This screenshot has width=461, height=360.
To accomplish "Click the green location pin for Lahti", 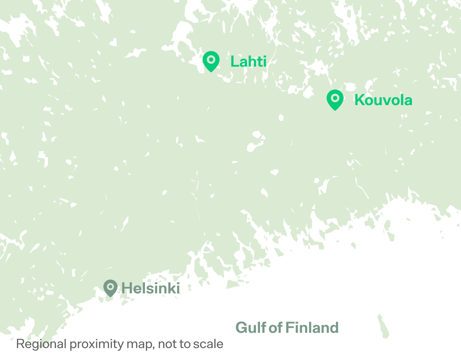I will pos(211,61).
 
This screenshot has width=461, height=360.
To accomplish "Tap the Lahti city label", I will pos(248,62).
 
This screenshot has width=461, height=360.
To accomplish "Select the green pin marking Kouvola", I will pos(335,99).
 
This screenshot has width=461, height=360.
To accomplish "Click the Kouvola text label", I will pos(383,100).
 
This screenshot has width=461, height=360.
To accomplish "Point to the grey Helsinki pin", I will pos(110,288).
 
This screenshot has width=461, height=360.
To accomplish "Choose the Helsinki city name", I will pos(151,288).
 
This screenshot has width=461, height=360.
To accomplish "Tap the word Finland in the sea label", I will pos(312,328).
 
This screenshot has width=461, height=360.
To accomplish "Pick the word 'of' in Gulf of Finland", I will pos(276,328).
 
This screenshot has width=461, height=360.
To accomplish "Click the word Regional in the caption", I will pos(41,344).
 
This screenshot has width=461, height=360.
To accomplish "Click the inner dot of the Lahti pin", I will pos(211,60).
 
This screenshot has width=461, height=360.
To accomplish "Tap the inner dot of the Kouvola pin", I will pos(335,98).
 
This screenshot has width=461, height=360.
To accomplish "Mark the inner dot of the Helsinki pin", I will pos(110,286).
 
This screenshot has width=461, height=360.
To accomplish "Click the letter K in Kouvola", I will pos(359,100).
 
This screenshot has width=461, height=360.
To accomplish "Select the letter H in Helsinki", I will pos(126,288).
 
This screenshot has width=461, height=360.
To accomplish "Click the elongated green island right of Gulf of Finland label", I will pos(383,327).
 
